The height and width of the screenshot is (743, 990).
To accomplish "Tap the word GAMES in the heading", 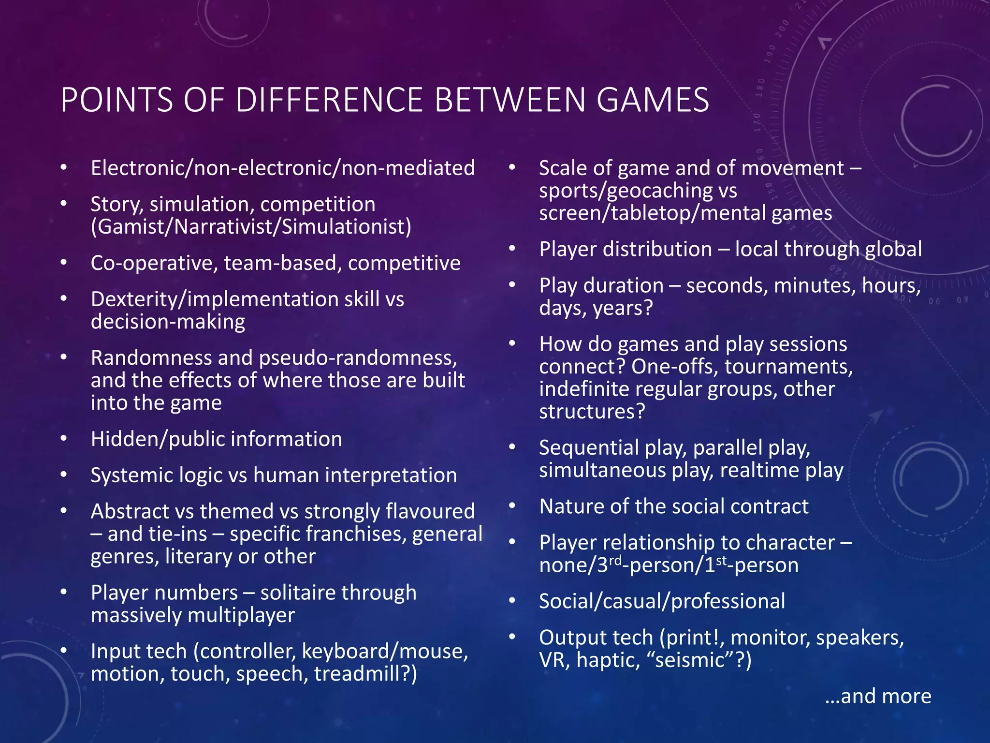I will (x=653, y=100).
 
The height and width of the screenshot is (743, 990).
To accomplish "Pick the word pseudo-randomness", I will (x=358, y=358).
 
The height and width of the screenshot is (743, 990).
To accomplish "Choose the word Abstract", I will (x=129, y=511).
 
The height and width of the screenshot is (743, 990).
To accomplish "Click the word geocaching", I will (x=660, y=191).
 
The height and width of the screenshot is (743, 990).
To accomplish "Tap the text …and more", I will (x=878, y=696).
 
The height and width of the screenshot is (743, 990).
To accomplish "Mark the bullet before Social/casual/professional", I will (x=512, y=601).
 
